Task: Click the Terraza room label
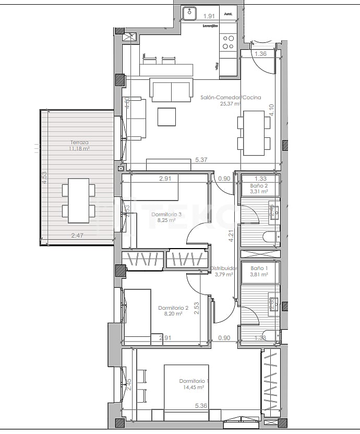pyautogui.click(x=79, y=142)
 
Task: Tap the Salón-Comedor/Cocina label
pyautogui.click(x=223, y=97)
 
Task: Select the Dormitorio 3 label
pyautogui.click(x=166, y=215)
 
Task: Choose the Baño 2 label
pyautogui.click(x=259, y=186)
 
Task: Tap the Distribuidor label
pyautogui.click(x=225, y=268)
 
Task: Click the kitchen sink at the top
pyautogui.click(x=189, y=14)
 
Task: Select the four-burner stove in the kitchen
pyautogui.click(x=229, y=42)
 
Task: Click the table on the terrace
pyautogui.click(x=79, y=200)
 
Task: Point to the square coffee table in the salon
pyautogui.click(x=167, y=116)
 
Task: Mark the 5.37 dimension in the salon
pyautogui.click(x=201, y=160)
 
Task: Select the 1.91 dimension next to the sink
pyautogui.click(x=209, y=16)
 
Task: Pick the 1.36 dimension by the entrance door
pyautogui.click(x=261, y=53)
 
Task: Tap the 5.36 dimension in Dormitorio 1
pyautogui.click(x=201, y=405)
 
